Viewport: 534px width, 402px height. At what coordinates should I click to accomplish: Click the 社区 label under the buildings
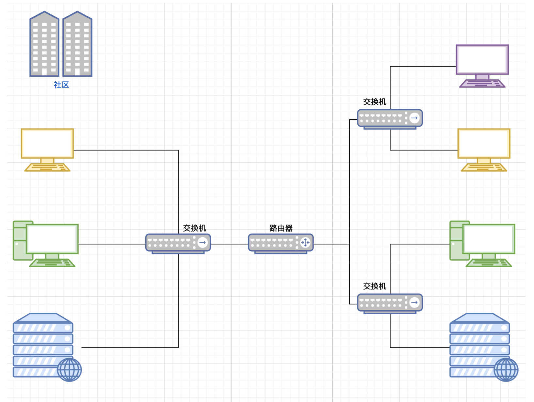[61, 85]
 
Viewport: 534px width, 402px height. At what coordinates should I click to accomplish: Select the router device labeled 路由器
[281, 243]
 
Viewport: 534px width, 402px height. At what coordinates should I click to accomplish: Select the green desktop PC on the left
[46, 243]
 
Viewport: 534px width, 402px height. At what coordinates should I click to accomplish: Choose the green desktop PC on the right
[482, 243]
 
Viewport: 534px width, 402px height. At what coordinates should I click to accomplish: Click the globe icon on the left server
[69, 370]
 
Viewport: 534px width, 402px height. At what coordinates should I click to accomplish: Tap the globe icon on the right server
[506, 370]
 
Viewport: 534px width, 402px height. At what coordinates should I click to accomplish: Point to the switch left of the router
[178, 243]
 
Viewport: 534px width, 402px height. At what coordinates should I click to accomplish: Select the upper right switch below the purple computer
[390, 118]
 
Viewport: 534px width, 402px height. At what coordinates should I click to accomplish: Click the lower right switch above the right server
[390, 303]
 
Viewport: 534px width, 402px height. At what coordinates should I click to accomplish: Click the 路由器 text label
[281, 228]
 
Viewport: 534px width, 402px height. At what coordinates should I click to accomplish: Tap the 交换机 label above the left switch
[195, 228]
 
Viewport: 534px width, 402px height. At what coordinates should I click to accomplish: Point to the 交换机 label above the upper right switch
[375, 102]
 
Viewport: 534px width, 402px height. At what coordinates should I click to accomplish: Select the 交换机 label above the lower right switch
[375, 286]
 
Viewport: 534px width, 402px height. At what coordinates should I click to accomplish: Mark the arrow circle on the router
[305, 242]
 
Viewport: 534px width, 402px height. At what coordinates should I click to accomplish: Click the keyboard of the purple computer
[482, 84]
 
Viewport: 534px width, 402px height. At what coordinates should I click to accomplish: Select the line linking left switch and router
[229, 244]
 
